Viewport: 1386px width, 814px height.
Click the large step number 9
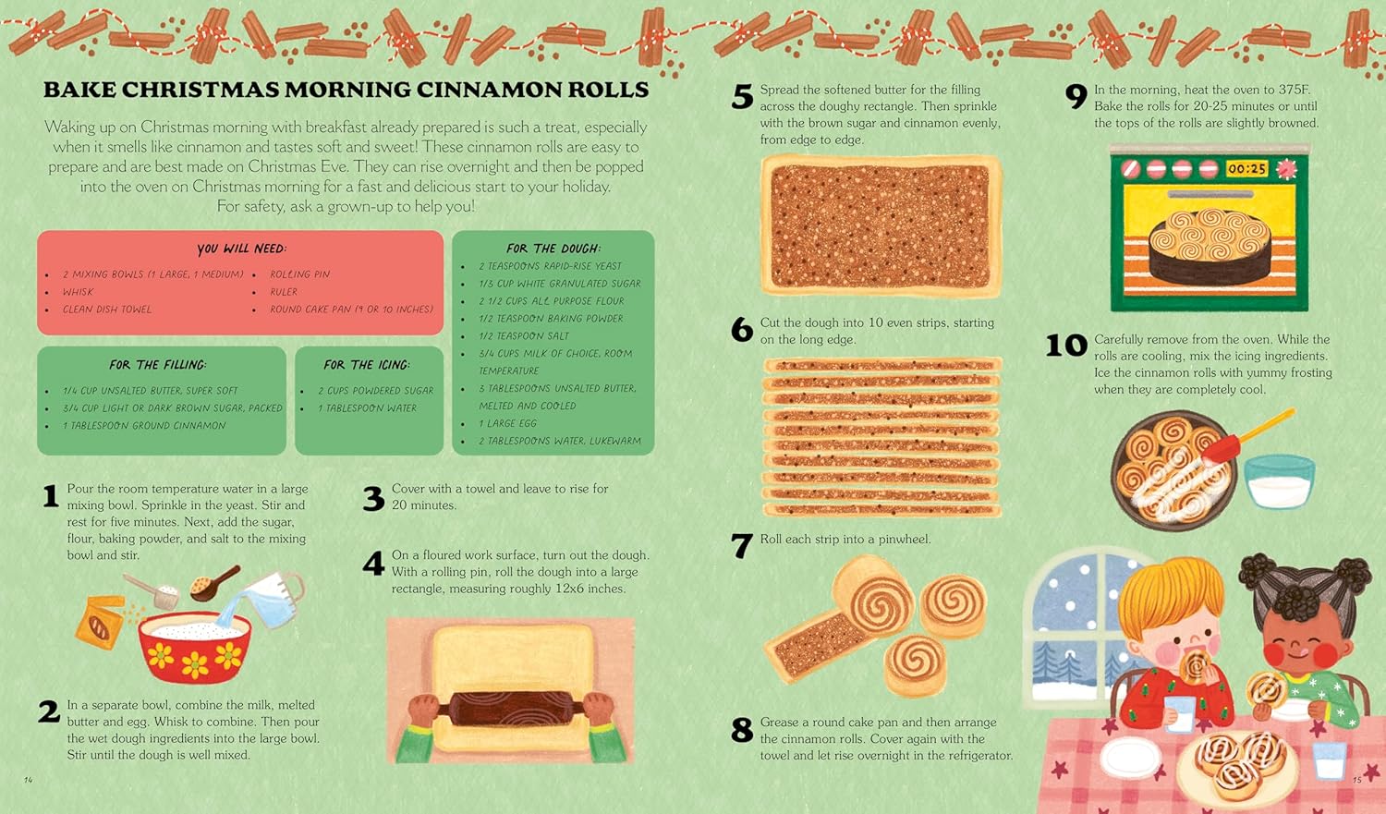coord(1076,96)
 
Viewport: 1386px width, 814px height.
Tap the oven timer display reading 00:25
coord(1246,168)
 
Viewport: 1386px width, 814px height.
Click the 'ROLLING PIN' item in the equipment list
coord(300,274)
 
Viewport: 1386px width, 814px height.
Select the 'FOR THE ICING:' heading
coord(366,365)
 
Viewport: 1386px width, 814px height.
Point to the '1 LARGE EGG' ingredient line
coord(507,424)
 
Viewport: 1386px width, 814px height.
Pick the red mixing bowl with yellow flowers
coord(195,648)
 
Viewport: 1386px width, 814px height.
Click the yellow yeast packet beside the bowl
coord(99,622)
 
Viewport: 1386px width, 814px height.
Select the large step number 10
coord(1066,346)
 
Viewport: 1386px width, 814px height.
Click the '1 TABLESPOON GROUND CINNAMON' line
coord(144,426)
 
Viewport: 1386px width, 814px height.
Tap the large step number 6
coord(742,329)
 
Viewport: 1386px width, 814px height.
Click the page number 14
coord(29,780)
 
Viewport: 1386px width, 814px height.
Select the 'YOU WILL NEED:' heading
coord(241,249)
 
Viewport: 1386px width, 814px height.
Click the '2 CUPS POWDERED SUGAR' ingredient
coord(375,391)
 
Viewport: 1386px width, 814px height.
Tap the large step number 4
coord(373,563)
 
